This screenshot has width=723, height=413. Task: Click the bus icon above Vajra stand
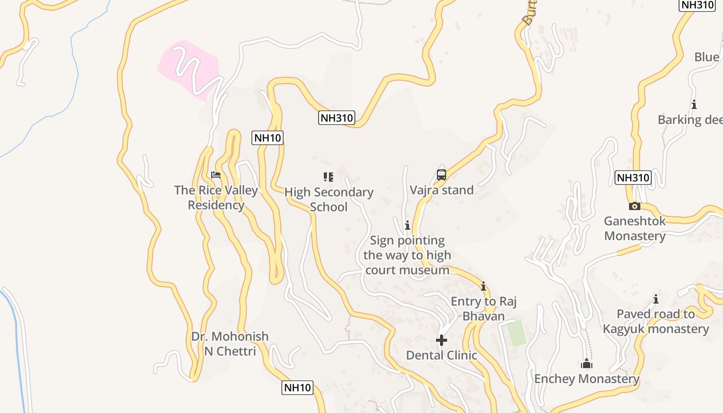tap(442, 175)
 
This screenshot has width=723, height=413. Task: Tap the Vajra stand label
tap(442, 190)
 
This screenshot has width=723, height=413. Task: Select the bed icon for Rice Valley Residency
tap(216, 175)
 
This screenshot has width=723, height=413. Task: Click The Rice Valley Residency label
tap(216, 197)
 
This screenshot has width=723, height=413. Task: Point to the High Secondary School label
tap(329, 199)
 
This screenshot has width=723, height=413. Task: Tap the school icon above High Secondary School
tap(328, 177)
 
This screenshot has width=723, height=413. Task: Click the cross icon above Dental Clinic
tap(442, 340)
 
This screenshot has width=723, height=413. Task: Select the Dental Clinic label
tap(442, 355)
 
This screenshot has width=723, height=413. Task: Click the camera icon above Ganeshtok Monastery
tap(635, 206)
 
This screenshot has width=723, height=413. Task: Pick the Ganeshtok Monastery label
tap(635, 228)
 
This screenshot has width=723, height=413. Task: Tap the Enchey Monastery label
tap(587, 379)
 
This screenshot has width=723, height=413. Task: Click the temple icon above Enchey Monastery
tap(587, 364)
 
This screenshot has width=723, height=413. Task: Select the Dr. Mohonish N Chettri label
tap(230, 344)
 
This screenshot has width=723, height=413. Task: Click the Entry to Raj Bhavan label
tap(483, 308)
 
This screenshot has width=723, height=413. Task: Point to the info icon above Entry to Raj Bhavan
tap(483, 286)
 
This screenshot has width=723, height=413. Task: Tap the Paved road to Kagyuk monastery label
tap(656, 321)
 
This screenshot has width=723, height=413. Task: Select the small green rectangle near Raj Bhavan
tap(515, 333)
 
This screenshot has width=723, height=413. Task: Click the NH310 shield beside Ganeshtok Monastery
tap(633, 178)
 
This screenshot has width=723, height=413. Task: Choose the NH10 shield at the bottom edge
tap(297, 388)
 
